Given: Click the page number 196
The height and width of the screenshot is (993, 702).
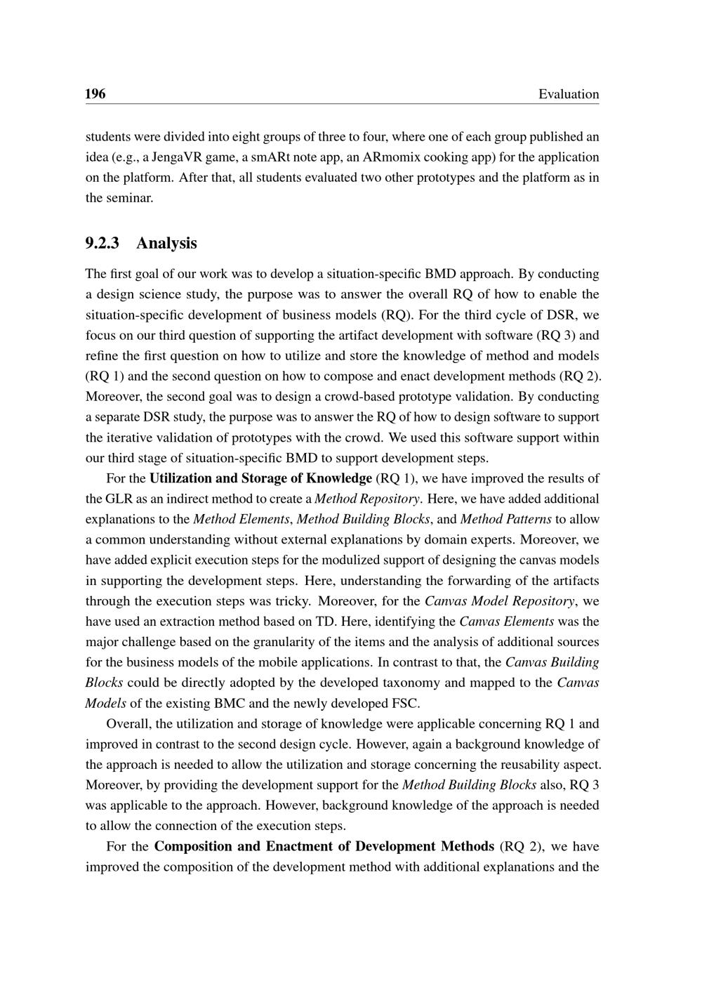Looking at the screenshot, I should click(95, 94).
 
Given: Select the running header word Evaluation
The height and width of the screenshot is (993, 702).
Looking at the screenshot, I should click(569, 94).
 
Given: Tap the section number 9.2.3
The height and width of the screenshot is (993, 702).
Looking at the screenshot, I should click(102, 243).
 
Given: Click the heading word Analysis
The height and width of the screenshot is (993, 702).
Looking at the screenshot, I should click(166, 243).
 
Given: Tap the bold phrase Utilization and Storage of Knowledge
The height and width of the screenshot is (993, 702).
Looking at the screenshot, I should click(260, 478).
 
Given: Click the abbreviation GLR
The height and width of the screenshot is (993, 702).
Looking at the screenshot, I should click(121, 499).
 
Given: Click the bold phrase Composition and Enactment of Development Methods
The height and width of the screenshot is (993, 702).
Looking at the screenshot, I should click(324, 846).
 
